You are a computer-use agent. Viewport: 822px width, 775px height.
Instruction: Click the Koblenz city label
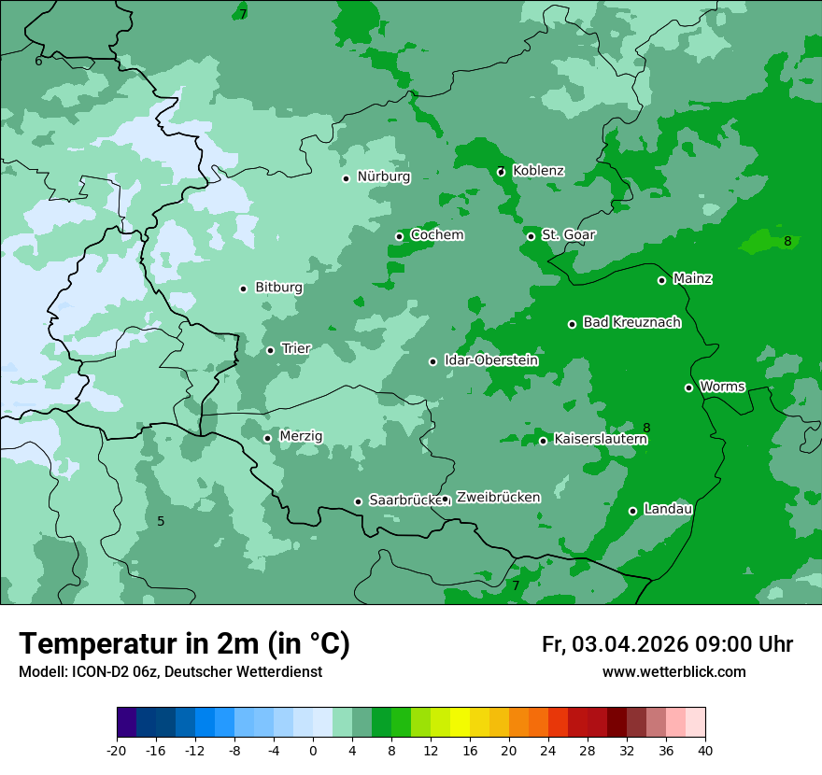[538, 171]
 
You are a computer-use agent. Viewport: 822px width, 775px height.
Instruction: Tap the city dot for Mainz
[661, 280]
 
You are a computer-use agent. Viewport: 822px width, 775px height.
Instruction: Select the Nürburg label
[383, 176]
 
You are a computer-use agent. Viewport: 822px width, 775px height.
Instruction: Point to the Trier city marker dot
[270, 351]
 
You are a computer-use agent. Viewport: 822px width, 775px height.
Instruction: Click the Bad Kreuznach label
[631, 322]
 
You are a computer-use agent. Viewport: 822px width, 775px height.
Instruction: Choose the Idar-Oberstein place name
[490, 360]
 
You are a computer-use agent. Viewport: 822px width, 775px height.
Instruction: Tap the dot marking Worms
[688, 387]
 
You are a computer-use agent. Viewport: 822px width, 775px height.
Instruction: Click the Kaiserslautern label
[600, 439]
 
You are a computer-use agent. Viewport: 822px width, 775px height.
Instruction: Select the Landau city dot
[632, 511]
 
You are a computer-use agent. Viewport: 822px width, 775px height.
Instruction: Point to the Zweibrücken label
[498, 498]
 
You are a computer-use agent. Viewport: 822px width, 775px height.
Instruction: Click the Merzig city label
[301, 436]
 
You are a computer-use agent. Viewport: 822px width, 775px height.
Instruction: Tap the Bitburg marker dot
[243, 289]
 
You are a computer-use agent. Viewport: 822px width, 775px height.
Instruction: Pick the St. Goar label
[568, 234]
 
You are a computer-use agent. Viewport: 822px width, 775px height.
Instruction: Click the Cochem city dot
[399, 236]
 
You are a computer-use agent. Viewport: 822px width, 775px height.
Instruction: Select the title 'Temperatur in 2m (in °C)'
[184, 644]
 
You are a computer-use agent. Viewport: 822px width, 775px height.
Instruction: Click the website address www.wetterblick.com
[673, 672]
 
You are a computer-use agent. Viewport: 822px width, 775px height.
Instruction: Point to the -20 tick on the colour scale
[117, 750]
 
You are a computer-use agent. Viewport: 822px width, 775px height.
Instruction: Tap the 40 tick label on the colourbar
[705, 750]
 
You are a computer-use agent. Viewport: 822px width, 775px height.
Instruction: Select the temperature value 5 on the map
[161, 521]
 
